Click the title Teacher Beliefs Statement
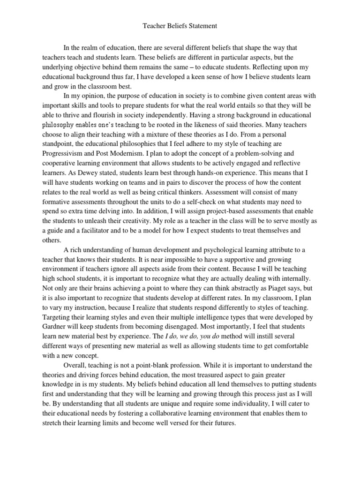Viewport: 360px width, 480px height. pos(180,27)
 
